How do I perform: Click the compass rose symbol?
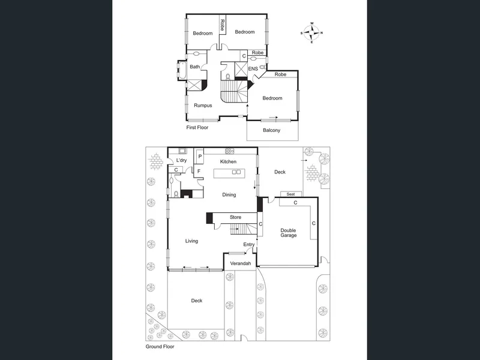(x=311, y=32)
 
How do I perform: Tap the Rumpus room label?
(x=203, y=106)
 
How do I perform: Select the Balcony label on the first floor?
(x=272, y=130)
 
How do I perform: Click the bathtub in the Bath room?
(x=181, y=71)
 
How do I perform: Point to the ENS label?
(x=253, y=69)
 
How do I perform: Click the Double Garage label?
(x=289, y=233)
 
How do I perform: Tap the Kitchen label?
(x=229, y=161)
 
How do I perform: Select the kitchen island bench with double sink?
(x=229, y=173)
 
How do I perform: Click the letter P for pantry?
(x=200, y=157)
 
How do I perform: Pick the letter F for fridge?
(x=199, y=172)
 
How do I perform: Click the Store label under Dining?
(x=235, y=217)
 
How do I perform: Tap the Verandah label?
(x=241, y=263)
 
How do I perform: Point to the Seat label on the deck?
(x=291, y=194)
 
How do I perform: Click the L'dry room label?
(x=182, y=160)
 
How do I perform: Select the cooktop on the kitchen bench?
(x=229, y=151)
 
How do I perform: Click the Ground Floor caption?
(x=160, y=347)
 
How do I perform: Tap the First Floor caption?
(x=197, y=128)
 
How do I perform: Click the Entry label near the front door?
(x=249, y=245)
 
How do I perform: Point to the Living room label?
(x=191, y=241)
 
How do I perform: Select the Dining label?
(x=229, y=195)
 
